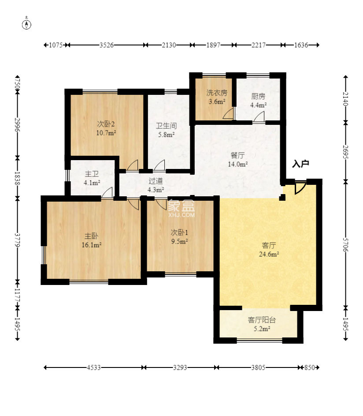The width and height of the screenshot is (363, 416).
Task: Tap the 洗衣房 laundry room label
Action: click(217, 93)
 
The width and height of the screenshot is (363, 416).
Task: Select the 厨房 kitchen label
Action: click(258, 96)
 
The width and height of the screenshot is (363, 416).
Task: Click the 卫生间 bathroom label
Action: click(166, 126)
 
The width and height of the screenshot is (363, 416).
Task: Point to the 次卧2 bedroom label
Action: click(106, 124)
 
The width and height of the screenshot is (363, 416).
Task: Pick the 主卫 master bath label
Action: click(92, 174)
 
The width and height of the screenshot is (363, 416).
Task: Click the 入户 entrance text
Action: click(300, 164)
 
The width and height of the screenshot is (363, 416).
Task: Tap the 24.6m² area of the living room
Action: click(269, 254)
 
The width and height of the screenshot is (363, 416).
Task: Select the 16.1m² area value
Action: click(92, 245)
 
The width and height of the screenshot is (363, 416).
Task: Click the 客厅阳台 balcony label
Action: click(262, 320)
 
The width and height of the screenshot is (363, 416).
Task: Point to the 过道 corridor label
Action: click(156, 181)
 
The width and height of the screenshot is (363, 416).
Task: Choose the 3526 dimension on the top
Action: click(107, 45)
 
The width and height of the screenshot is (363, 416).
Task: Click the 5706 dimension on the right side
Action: click(345, 245)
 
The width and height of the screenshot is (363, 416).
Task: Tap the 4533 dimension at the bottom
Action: click(93, 367)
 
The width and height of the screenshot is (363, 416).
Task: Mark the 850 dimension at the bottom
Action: click(309, 367)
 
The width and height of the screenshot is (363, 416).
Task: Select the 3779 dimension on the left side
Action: click(18, 240)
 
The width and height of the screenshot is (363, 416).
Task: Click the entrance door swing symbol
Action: click(300, 187)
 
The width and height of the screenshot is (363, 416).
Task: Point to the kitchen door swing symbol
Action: click(259, 117)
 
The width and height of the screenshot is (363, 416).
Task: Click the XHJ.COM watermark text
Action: click(181, 215)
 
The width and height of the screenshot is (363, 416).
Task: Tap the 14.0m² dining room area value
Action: click(238, 164)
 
